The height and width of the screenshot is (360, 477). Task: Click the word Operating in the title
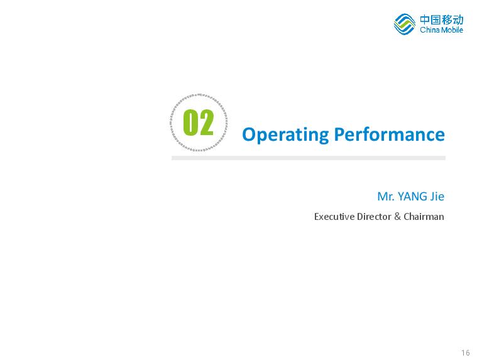[285, 134]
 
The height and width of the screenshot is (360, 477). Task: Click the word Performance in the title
[390, 134]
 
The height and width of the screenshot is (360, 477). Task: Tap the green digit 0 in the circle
[190, 123]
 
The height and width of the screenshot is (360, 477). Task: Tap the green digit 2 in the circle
[206, 123]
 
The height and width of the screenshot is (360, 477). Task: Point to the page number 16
[466, 352]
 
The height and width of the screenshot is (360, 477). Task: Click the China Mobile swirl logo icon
[405, 24]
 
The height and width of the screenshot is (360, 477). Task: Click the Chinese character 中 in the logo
[425, 19]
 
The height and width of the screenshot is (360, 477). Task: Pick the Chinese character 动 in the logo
[458, 19]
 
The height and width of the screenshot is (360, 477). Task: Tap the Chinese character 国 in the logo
[436, 19]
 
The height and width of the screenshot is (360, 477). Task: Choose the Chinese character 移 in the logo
[447, 19]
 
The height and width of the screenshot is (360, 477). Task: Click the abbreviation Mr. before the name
[386, 197]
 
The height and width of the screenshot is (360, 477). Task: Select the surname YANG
[412, 197]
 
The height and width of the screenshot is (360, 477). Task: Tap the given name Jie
[437, 197]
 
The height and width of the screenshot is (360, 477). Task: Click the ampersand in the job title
[397, 217]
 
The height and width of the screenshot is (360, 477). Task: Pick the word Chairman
[424, 217]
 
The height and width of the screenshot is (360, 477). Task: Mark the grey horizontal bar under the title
[309, 158]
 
